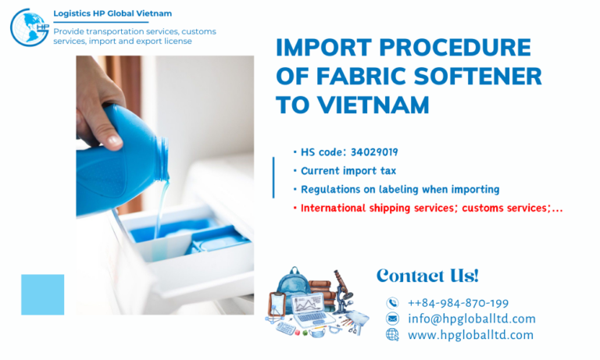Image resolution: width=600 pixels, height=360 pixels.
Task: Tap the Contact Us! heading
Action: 427,276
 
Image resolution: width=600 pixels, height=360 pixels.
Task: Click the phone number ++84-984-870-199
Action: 459,303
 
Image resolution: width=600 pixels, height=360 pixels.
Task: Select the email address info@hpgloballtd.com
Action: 472,319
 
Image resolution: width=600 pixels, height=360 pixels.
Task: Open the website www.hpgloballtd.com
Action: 470,335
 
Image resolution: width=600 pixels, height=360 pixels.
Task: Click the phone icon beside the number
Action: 392,303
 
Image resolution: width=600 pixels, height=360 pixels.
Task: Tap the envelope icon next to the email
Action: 392,319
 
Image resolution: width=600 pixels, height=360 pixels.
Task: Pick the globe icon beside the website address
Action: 392,335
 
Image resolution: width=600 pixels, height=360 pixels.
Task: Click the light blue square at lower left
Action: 43,294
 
